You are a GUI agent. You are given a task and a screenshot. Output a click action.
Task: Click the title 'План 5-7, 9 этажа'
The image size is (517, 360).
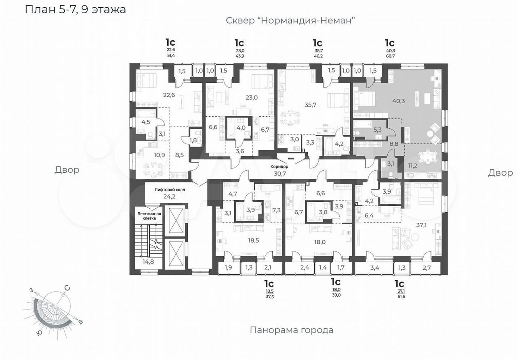pyautogui.click(x=75, y=10)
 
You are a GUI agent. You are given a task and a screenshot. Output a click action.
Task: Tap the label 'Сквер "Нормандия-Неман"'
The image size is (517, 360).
pyautogui.click(x=290, y=21)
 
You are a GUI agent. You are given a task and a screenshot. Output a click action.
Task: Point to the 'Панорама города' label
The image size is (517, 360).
pyautogui.click(x=292, y=330)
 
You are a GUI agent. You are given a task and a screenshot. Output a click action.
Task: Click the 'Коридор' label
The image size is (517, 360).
pyautogui.click(x=280, y=167)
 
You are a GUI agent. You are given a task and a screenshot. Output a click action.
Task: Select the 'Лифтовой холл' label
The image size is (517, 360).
pyautogui.click(x=170, y=190)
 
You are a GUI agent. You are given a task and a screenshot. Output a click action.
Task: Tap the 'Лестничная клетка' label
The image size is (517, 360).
pyautogui.click(x=149, y=216)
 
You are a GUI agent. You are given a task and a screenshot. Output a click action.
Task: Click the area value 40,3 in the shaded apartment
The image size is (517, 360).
pyautogui.click(x=399, y=101)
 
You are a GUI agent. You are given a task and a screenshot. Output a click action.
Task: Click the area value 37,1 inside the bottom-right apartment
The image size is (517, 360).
pyautogui.click(x=421, y=225)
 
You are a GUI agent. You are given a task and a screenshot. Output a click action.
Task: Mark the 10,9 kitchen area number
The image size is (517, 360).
pyautogui.click(x=160, y=155)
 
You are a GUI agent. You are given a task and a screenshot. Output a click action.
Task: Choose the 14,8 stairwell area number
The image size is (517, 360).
pyautogui.click(x=148, y=262)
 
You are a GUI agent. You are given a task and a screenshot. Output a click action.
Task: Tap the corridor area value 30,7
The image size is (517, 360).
pyautogui.click(x=280, y=174)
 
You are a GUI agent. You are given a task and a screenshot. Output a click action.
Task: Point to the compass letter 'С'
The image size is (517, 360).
pyautogui.click(x=67, y=288)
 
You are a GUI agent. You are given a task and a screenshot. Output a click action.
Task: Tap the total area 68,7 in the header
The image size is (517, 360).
pyautogui.click(x=390, y=56)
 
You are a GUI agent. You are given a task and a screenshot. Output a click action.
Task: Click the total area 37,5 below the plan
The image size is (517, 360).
pyautogui.click(x=269, y=297)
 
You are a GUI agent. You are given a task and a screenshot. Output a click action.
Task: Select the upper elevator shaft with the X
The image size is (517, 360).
pyautogui.click(x=176, y=220)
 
